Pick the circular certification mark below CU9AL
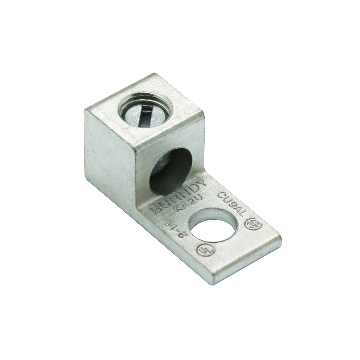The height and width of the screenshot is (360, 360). (250, 224)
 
